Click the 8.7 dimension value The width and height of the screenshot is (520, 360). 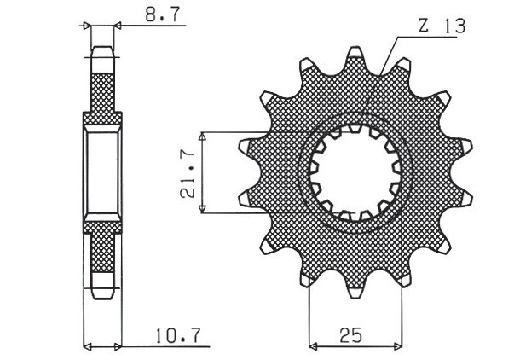pos(152,15)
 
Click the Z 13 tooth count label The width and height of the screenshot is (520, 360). pos(441,27)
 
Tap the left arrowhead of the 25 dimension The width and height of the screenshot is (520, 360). pos(313,347)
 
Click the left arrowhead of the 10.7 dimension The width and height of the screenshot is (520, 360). pos(88,347)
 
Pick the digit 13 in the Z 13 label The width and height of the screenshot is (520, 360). pos(454,27)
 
